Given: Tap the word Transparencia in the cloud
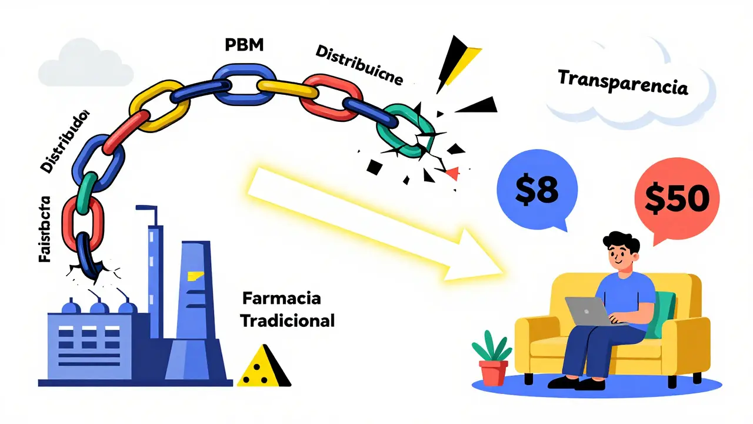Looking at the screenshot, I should pos(622,82).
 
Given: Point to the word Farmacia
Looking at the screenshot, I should pos(282,298).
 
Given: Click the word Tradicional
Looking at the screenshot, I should pos(288,322).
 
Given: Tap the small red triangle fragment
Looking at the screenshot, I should pos(452,173).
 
